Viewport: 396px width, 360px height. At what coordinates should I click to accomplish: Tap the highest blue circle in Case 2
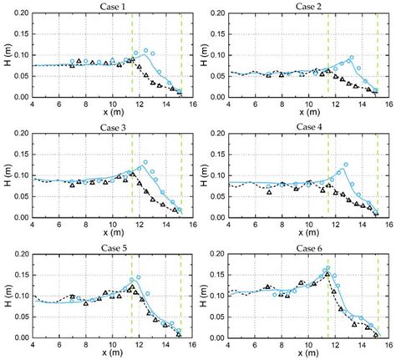pyautogui.click(x=351, y=58)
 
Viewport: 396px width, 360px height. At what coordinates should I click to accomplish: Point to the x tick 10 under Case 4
pyautogui.click(x=309, y=224)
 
